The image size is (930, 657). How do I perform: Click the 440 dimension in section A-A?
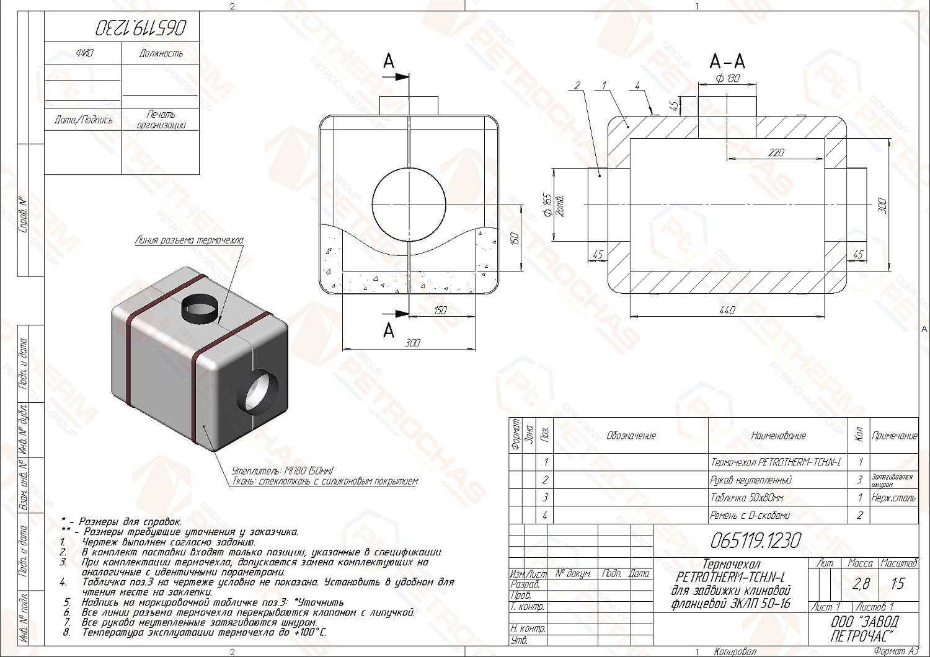727,310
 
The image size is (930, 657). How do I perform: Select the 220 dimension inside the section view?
776,152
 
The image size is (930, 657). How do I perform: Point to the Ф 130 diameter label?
727,79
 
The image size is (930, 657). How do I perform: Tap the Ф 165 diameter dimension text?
547,205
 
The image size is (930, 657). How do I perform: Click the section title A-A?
727,61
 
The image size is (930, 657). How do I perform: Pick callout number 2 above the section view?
577,86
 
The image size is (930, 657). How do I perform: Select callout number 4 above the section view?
637,86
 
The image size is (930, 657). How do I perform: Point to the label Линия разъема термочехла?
189,240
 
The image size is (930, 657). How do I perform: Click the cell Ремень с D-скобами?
750,515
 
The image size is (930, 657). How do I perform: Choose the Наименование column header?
778,436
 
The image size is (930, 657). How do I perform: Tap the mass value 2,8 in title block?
861,583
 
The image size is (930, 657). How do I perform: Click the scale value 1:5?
897,583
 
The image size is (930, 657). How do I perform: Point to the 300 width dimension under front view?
411,342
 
